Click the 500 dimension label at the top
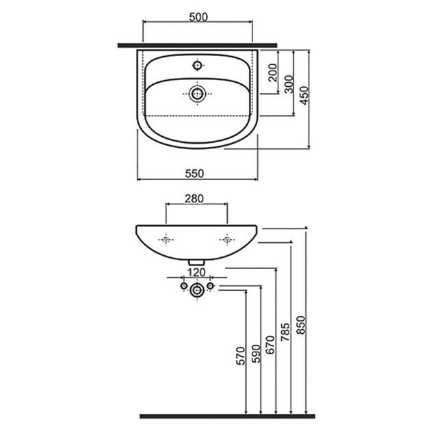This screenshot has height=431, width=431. point(198,17)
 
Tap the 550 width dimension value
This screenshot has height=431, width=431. point(194,174)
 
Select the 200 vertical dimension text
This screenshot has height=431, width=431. point(273,73)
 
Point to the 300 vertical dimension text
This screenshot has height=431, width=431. point(289,84)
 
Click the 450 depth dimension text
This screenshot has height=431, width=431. point(304,96)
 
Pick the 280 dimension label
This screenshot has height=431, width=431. point(194,198)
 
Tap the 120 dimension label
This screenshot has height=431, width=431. point(196,272)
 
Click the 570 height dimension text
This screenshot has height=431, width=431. point(241,356)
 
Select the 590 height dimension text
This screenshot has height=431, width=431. point(256,354)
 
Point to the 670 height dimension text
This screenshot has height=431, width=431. point(270,345)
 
